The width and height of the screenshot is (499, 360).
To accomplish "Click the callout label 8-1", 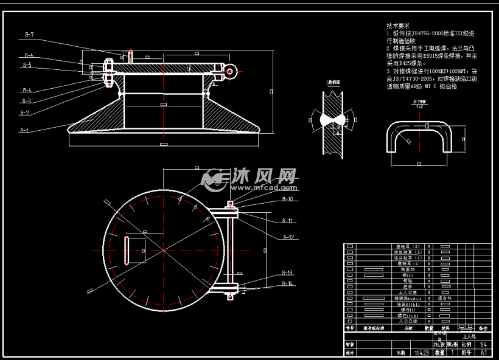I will tap(24, 130).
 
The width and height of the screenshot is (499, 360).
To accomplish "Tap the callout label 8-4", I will tap(27, 91).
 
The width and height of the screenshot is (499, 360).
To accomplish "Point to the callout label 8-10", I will tap(288, 199).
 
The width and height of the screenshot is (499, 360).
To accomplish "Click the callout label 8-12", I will tap(288, 237).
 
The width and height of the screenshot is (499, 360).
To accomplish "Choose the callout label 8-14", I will tap(288, 283).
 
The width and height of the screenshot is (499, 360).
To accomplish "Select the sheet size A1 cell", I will tap(484, 352).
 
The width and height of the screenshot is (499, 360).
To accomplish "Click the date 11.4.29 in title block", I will tap(420, 352).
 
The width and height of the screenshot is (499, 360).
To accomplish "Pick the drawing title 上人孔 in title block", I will tap(469, 335).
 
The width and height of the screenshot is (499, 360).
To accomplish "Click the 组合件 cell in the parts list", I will tap(444, 298).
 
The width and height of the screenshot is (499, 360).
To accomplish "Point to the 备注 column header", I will tap(483, 328).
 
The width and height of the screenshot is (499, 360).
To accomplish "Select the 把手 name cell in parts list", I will tap(408, 286).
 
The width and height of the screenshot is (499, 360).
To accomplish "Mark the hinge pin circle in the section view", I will tap(231, 72).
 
